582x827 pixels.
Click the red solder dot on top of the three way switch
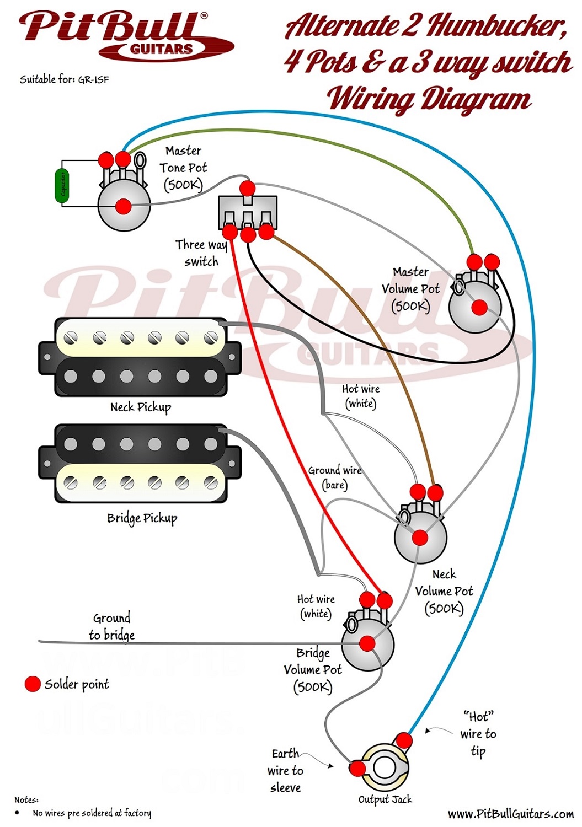point(248,188)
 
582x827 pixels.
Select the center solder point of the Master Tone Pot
point(124,207)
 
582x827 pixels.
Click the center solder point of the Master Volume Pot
point(479,307)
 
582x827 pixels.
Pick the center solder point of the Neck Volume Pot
point(420,538)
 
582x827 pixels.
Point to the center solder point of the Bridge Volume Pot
point(367,643)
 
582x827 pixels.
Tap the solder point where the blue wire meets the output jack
point(404,740)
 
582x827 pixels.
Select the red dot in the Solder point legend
point(33,684)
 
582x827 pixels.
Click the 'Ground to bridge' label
point(111,626)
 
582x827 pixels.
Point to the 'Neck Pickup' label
point(141,407)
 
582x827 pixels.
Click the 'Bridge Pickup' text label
point(142,518)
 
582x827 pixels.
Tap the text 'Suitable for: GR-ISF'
point(64,79)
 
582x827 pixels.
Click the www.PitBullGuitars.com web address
point(510,814)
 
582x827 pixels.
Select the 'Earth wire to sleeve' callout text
point(285,770)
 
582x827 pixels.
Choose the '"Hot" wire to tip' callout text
point(478,734)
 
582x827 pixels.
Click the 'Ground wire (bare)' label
point(335,477)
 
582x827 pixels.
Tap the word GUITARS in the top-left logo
point(161,49)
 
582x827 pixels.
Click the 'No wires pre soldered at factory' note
point(92,813)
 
